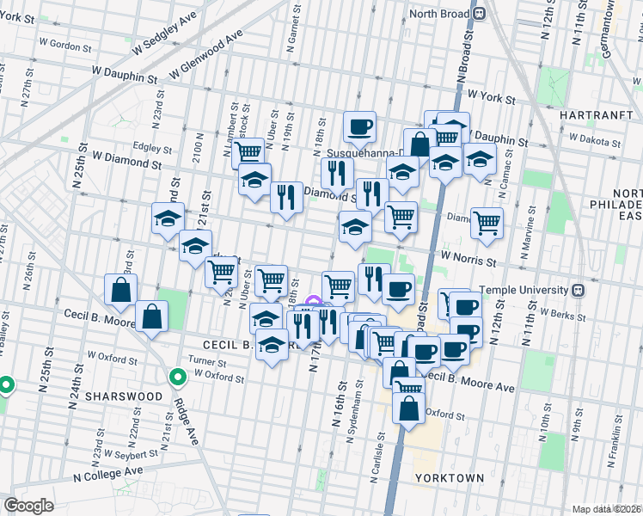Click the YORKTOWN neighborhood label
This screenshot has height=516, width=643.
[449, 477]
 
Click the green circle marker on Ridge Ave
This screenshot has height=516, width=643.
[178, 377]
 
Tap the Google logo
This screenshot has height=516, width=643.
[28, 506]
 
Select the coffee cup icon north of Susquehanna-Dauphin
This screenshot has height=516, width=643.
[359, 126]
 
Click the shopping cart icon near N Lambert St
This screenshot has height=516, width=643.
[248, 151]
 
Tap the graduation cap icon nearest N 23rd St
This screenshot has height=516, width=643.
[168, 218]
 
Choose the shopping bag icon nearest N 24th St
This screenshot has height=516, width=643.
[119, 288]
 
